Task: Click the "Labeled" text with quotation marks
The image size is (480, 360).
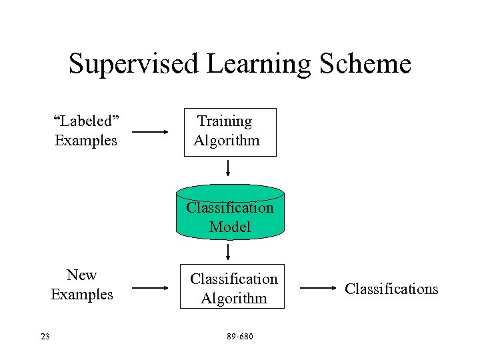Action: point(86,121)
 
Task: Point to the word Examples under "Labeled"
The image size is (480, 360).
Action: point(86,141)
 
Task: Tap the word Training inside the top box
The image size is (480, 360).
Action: point(225,121)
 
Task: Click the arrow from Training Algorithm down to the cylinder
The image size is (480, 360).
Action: point(228,167)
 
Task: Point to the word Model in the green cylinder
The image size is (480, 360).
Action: point(229,227)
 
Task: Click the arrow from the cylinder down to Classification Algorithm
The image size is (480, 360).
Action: point(228,251)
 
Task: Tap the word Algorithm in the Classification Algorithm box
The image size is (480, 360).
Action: point(233,299)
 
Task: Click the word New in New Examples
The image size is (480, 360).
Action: point(82,275)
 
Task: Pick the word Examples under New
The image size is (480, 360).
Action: point(82,295)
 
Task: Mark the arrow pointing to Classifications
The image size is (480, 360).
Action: point(318,289)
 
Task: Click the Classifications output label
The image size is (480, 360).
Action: point(391,289)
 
